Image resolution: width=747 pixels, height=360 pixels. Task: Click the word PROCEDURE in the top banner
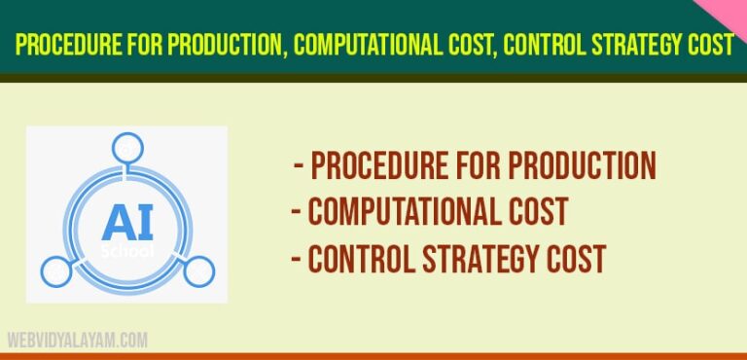tap(66, 45)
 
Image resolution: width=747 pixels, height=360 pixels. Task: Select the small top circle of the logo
tap(126, 148)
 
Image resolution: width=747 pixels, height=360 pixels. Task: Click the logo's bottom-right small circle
tap(197, 271)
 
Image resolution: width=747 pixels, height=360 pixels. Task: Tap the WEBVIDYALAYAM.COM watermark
tap(78, 341)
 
